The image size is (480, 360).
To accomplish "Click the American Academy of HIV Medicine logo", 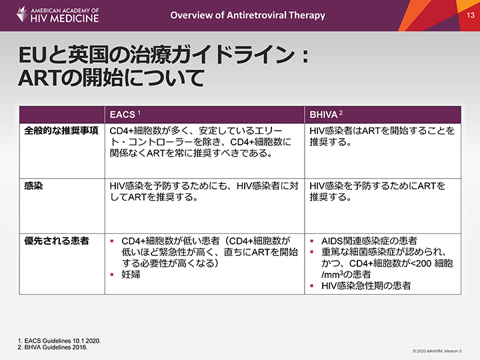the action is click(x=57, y=15).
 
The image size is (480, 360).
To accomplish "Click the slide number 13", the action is click(x=471, y=15).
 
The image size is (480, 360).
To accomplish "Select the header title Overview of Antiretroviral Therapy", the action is click(x=247, y=15).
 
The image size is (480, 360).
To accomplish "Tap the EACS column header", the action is click(x=123, y=115).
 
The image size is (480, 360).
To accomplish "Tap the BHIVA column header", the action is click(x=323, y=115).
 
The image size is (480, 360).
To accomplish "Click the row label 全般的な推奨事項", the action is click(x=61, y=131).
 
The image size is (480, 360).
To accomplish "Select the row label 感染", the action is click(x=33, y=186).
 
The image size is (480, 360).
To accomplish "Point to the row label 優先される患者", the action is click(x=57, y=241).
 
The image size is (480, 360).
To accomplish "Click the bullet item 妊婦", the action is click(x=131, y=274).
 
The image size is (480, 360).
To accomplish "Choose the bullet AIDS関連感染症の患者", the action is click(x=369, y=241).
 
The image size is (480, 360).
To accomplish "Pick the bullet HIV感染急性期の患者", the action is click(x=366, y=285).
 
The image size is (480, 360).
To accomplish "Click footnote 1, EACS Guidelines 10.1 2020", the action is click(x=59, y=341).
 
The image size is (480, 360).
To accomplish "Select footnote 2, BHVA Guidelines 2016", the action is click(x=53, y=347).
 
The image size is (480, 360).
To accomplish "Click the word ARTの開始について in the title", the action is click(x=111, y=77).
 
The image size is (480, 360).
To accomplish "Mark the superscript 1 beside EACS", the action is click(x=139, y=113).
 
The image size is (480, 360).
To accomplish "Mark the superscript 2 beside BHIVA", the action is click(x=341, y=113).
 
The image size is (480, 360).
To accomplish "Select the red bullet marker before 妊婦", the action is click(x=112, y=275).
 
